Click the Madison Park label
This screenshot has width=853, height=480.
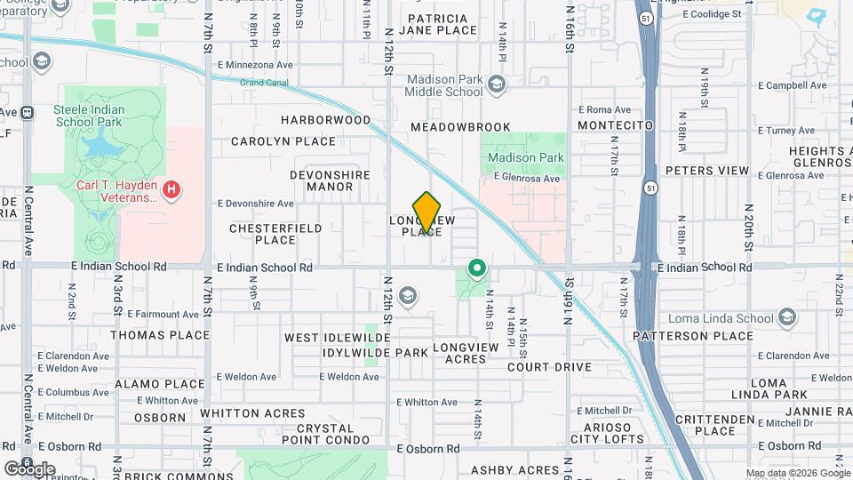526,157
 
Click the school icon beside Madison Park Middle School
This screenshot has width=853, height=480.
496,85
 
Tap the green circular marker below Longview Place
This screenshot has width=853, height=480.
477,267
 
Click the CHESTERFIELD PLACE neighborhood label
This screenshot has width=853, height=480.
275,234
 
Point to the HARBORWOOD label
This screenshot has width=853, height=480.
325,119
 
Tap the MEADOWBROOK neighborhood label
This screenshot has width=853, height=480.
460,127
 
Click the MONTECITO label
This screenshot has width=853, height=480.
615,126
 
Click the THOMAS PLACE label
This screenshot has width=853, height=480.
160,335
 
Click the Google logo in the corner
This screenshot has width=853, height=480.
29,468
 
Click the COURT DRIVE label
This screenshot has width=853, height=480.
549,367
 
